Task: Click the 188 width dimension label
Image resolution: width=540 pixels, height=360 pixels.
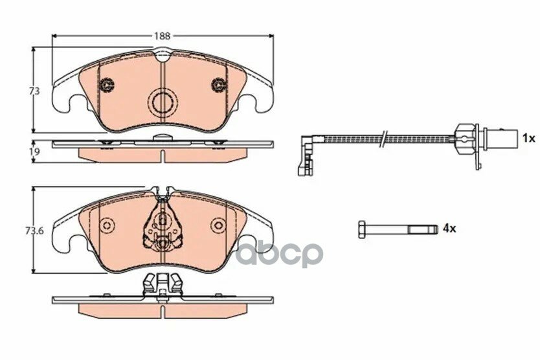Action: [x=162, y=36]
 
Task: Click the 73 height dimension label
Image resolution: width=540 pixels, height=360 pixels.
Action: [x=34, y=91]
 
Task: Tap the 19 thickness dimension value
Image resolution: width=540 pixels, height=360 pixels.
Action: [x=35, y=152]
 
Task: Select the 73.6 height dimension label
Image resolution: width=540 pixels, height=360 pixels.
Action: [x=34, y=231]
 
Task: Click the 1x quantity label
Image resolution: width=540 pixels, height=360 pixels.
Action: [x=528, y=139]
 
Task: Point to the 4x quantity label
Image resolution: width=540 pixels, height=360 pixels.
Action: [x=449, y=228]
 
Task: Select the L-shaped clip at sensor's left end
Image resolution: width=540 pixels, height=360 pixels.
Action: [x=306, y=155]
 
